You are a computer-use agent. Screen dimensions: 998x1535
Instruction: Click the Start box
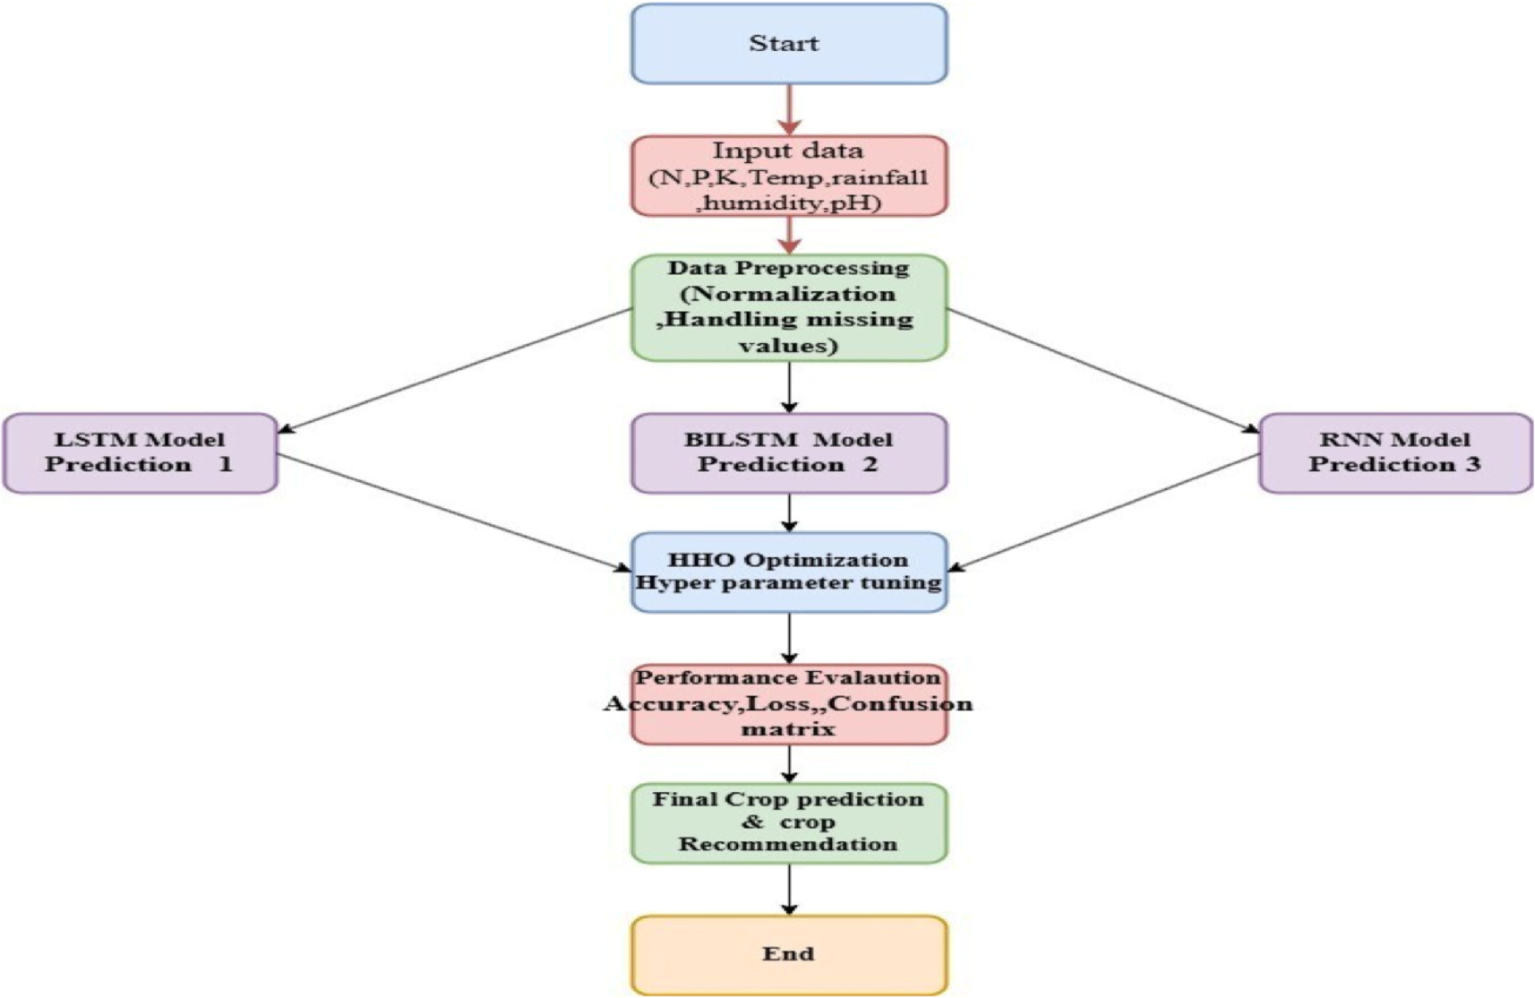tap(788, 44)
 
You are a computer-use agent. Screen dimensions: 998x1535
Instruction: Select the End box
tap(788, 954)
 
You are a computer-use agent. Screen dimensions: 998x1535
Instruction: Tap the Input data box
tap(788, 176)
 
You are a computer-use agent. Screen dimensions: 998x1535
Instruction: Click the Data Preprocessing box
tap(788, 307)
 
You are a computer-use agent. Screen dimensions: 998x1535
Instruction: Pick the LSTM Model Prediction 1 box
tap(140, 452)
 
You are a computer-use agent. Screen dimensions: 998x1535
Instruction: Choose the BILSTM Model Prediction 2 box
tap(788, 452)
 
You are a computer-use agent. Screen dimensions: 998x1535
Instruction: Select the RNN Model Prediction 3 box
tap(1394, 452)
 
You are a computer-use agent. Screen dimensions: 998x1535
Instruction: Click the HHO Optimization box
tap(788, 572)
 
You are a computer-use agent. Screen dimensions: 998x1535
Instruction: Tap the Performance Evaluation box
tap(788, 704)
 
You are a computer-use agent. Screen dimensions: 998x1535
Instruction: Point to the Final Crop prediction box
tap(788, 822)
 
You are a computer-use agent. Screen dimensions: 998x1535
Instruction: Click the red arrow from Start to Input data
tap(789, 109)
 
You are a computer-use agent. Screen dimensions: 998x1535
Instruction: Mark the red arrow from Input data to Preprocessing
tap(789, 235)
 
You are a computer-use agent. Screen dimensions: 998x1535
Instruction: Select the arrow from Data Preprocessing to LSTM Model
tap(457, 371)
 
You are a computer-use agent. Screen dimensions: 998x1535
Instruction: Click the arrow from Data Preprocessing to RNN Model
tap(1102, 371)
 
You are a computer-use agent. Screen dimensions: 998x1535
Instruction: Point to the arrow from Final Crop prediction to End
tap(789, 889)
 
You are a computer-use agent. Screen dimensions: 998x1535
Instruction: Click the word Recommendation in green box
tap(788, 845)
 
